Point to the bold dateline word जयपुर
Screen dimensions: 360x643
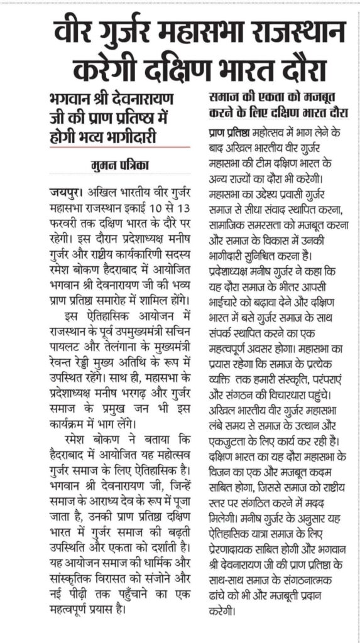pyautogui.click(x=63, y=189)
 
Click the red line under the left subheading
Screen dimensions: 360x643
pyautogui.click(x=119, y=147)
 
